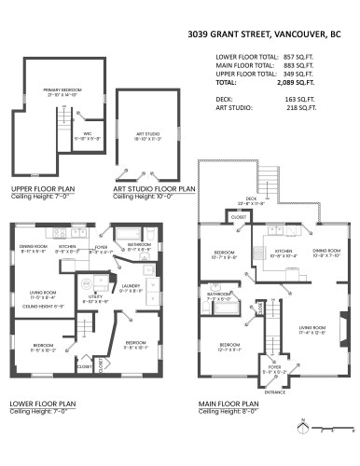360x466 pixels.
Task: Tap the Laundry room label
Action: click(x=130, y=286)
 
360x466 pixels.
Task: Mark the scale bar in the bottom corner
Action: click(x=333, y=431)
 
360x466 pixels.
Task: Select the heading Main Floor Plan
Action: click(x=228, y=404)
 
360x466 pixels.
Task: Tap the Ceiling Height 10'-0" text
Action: click(x=140, y=196)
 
